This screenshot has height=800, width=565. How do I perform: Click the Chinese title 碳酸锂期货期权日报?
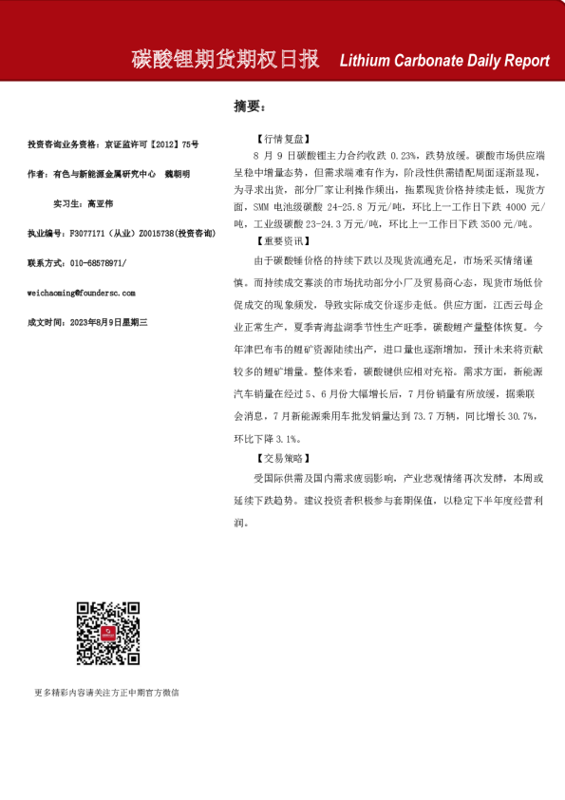(225, 60)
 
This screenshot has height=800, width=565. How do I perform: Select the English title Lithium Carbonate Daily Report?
(444, 61)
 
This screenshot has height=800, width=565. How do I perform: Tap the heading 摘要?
(250, 105)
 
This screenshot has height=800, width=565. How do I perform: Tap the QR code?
(109, 633)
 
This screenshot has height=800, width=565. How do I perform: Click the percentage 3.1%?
(287, 438)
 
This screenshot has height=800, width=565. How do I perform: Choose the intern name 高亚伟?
(100, 203)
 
